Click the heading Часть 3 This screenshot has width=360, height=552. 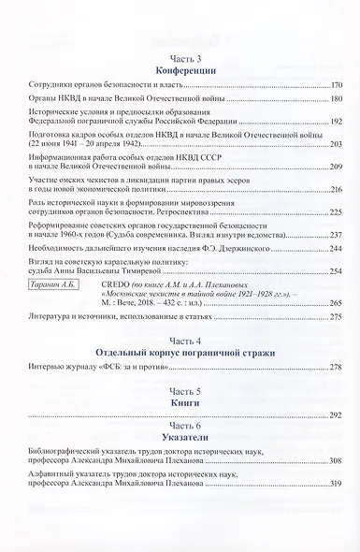180,58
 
